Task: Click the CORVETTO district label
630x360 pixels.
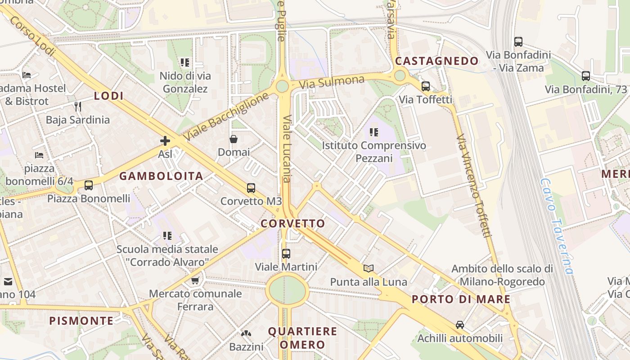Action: [x=293, y=224]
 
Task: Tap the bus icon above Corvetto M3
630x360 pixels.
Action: [x=251, y=188]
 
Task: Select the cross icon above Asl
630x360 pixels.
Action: [x=165, y=141]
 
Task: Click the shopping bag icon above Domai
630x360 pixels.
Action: [x=234, y=139]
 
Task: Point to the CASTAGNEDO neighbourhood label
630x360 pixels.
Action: [x=436, y=61]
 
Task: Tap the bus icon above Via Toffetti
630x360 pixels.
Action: [x=425, y=86]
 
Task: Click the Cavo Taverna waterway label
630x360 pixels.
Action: [x=557, y=226]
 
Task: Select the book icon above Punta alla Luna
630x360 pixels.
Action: [x=369, y=269]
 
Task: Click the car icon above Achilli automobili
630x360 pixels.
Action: [x=459, y=324]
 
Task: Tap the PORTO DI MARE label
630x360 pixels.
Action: [x=461, y=299]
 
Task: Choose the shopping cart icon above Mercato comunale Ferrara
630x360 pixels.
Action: [x=195, y=281]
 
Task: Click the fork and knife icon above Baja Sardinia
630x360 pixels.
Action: [x=78, y=107]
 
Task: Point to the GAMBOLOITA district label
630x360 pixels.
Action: [x=161, y=176]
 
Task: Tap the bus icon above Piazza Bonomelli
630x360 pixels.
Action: [x=89, y=185]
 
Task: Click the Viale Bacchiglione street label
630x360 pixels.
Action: [x=227, y=117]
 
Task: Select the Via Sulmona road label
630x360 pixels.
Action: [x=332, y=82]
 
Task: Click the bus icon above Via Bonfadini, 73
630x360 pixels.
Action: [x=585, y=76]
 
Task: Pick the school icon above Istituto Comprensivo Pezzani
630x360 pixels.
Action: [x=373, y=132]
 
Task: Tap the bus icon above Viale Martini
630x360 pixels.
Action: [x=286, y=254]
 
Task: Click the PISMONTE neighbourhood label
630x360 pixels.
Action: [x=81, y=321]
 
